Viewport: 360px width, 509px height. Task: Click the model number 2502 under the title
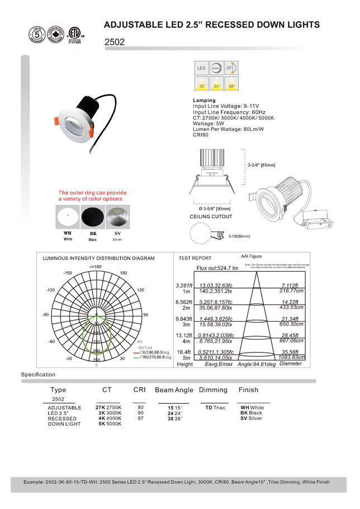(115, 42)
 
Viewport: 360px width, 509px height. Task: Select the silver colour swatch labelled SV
(117, 216)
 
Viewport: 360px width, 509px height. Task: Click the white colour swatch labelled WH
(67, 216)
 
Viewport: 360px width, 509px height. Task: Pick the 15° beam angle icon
(202, 84)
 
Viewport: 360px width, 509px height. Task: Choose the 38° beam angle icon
(231, 84)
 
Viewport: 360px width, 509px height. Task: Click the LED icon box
(202, 68)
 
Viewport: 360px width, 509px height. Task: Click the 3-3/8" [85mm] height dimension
(262, 165)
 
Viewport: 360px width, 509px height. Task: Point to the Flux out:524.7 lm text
(218, 268)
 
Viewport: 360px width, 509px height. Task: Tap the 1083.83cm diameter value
(292, 357)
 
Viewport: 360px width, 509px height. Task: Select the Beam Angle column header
(174, 390)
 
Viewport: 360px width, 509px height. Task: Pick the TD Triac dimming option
(215, 408)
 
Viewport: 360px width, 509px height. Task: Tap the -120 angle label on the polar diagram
(49, 290)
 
